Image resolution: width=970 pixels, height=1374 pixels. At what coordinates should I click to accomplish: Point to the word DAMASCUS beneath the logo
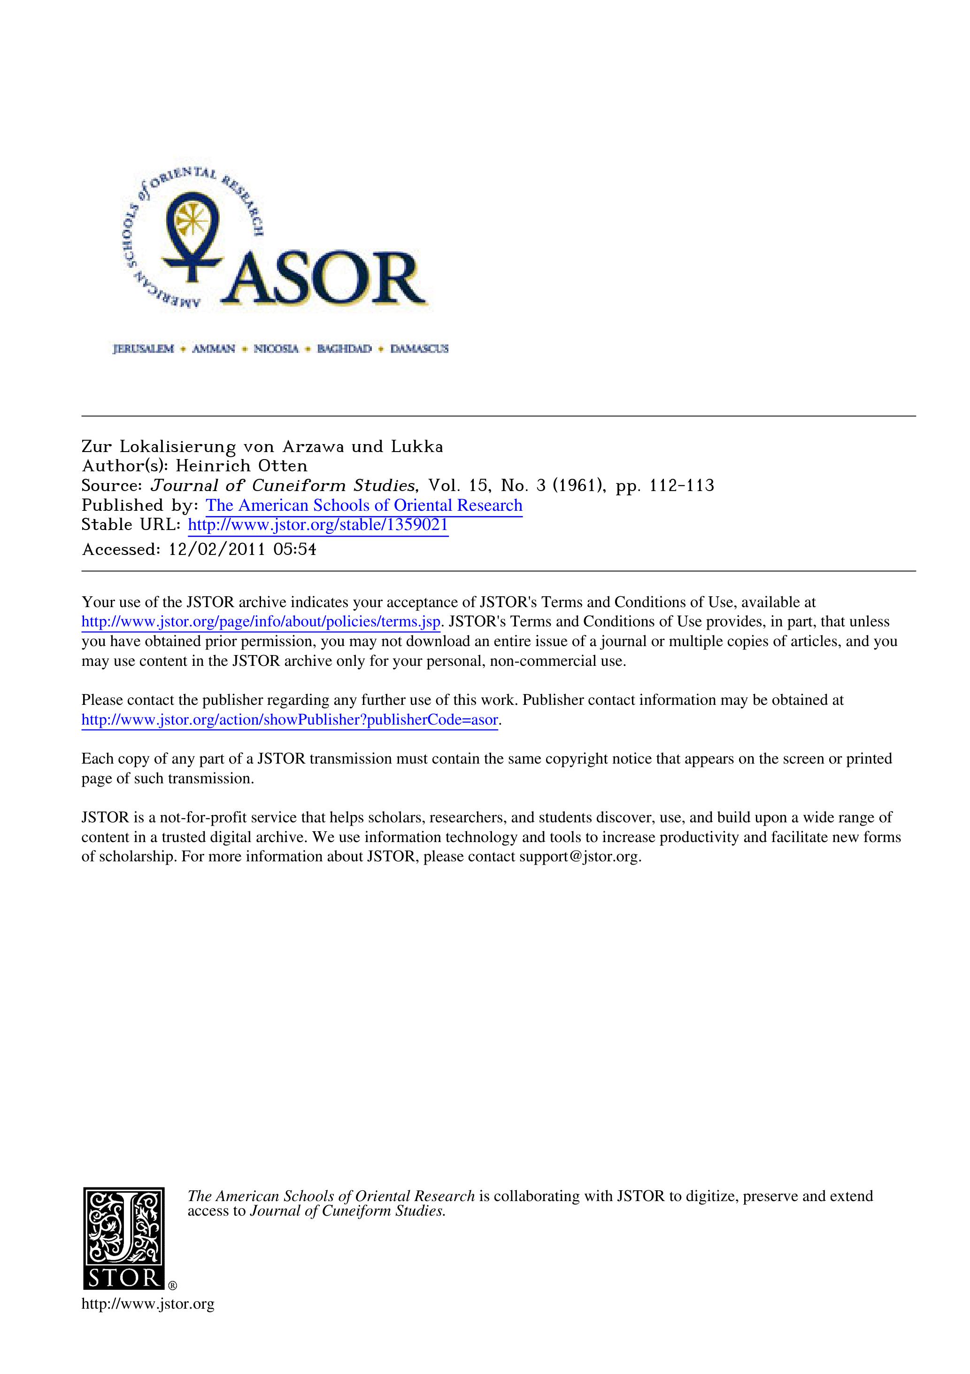coord(419,349)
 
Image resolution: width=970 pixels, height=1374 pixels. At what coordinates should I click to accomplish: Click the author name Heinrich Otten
coord(242,466)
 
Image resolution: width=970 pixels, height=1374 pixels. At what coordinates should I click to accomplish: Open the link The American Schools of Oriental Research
coord(364,506)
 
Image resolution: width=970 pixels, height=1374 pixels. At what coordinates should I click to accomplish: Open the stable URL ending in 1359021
coord(318,525)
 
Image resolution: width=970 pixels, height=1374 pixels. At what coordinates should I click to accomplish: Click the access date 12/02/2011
coord(216,549)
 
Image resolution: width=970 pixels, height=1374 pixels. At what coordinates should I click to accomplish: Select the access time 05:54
coord(295,549)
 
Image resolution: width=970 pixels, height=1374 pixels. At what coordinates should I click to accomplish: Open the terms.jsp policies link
coord(261,622)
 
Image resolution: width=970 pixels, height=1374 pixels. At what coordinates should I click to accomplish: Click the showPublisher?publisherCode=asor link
coord(289,720)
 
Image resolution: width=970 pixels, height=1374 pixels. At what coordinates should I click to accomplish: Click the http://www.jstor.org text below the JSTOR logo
coord(148,1304)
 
